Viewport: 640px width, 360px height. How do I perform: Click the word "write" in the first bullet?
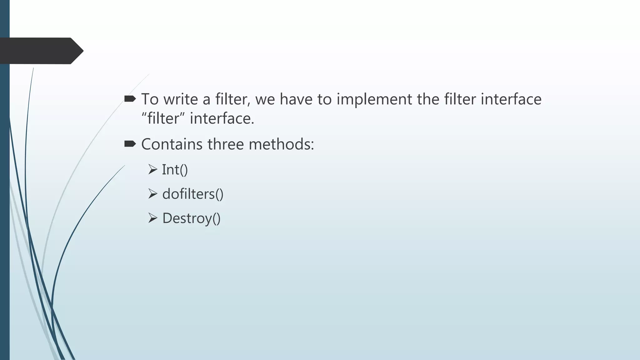click(x=181, y=99)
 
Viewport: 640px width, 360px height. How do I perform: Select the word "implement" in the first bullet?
click(x=374, y=99)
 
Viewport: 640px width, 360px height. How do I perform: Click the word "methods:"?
click(x=281, y=144)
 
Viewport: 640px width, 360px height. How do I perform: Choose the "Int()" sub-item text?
click(x=175, y=170)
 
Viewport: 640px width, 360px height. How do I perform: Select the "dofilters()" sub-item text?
click(x=193, y=194)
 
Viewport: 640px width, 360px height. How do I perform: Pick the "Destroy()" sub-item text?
click(x=191, y=218)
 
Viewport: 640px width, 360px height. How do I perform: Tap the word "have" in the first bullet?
click(x=296, y=99)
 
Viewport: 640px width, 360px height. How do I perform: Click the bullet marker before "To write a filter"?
click(x=130, y=99)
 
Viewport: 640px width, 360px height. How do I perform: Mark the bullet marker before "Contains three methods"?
click(x=130, y=144)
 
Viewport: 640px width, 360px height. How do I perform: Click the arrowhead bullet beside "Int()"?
click(x=152, y=169)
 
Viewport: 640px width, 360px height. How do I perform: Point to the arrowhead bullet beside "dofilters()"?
click(x=152, y=194)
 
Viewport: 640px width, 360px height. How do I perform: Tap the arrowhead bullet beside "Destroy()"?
click(x=152, y=218)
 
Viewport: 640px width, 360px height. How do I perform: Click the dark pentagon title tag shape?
click(x=41, y=51)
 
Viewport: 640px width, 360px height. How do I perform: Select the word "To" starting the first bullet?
click(x=150, y=99)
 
